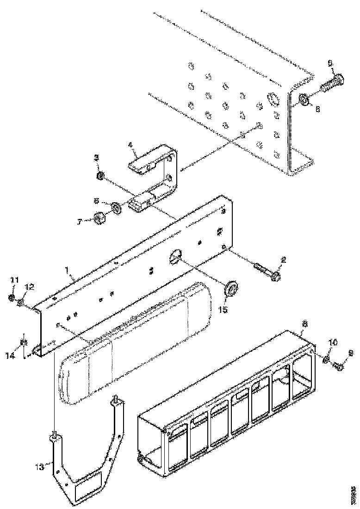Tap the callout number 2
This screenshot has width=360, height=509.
click(284, 261)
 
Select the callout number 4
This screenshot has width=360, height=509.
click(131, 144)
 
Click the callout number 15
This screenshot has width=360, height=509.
click(223, 310)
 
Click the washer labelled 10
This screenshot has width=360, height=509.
click(327, 360)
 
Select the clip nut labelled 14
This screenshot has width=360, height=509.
click(23, 343)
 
